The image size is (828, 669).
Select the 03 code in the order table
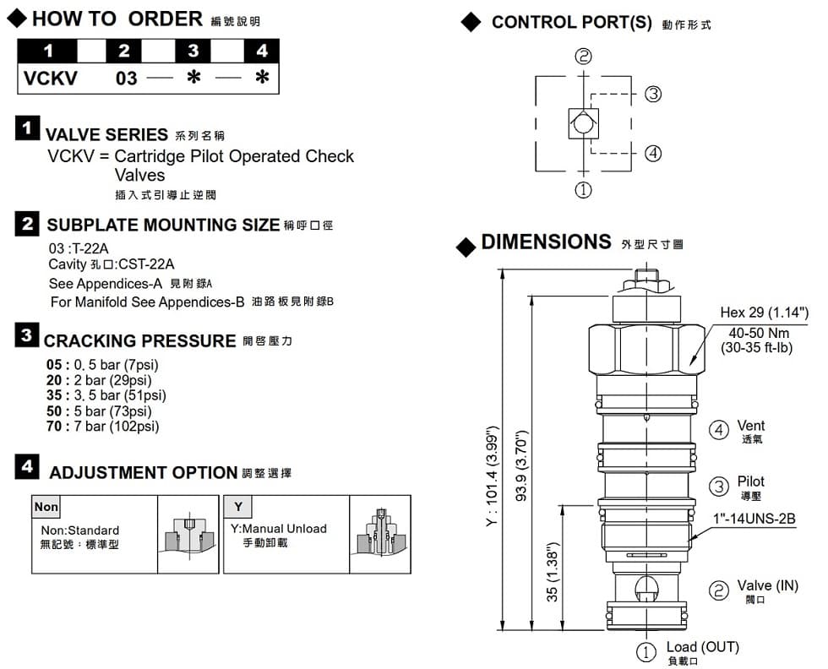tap(126, 79)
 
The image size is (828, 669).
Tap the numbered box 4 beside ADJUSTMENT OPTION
tap(28, 467)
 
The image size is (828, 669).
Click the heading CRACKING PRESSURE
tap(139, 341)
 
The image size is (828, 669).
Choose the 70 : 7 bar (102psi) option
tap(102, 426)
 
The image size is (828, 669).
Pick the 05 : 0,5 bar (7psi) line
tap(102, 365)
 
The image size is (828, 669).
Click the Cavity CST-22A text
tap(112, 264)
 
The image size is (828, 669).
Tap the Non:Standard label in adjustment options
tap(80, 530)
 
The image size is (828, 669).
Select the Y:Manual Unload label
tap(278, 529)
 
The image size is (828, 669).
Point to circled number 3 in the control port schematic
tap(652, 94)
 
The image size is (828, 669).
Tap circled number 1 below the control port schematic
tap(583, 190)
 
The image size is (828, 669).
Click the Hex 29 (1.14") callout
tap(765, 313)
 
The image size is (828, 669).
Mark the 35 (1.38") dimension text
tap(553, 572)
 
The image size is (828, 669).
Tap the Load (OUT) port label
tap(702, 647)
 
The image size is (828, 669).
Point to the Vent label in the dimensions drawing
tap(750, 426)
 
